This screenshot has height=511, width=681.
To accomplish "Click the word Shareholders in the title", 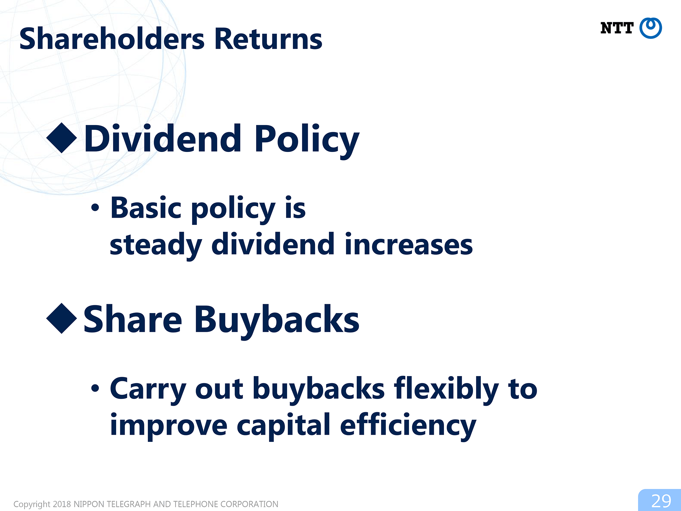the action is (112, 38).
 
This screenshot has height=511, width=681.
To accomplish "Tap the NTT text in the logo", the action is (617, 28).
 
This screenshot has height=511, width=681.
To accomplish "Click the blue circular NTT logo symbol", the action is (650, 28).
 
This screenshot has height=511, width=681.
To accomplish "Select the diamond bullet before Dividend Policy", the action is (62, 138).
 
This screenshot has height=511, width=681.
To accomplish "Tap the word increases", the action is (409, 244).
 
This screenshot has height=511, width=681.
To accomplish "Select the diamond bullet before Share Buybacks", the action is (62, 318).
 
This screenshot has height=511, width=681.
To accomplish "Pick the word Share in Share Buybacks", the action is (133, 319).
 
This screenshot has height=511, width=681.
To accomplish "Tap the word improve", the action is (169, 426).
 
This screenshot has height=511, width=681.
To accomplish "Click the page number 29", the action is (661, 501).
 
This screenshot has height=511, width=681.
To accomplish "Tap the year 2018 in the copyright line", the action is (62, 504).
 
